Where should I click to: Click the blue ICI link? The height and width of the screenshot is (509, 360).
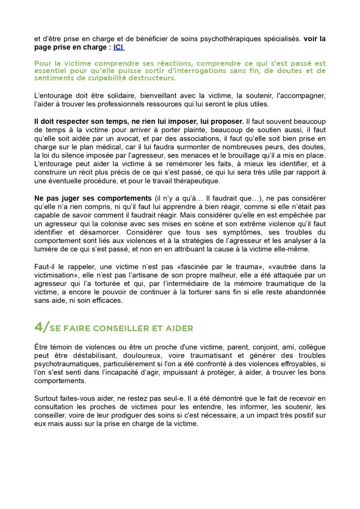click(119, 47)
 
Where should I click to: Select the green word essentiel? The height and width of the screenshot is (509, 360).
click(52, 71)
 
